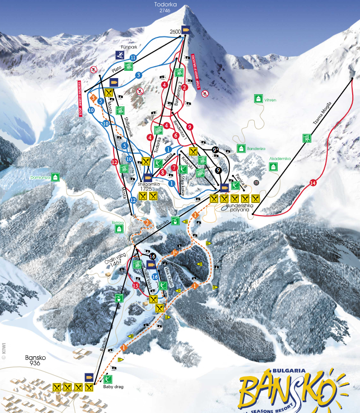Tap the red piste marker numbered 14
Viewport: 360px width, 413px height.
[313, 182]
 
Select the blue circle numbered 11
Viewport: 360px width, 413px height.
[134, 58]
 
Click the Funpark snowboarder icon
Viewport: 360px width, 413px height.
[119, 54]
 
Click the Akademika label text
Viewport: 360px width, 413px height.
[280, 159]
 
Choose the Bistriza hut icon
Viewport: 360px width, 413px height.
[120, 229]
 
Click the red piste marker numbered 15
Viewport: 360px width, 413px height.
[136, 285]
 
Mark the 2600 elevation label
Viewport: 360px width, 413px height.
[175, 32]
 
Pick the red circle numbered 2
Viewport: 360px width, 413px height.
[184, 87]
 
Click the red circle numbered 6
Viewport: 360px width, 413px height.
[176, 135]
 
